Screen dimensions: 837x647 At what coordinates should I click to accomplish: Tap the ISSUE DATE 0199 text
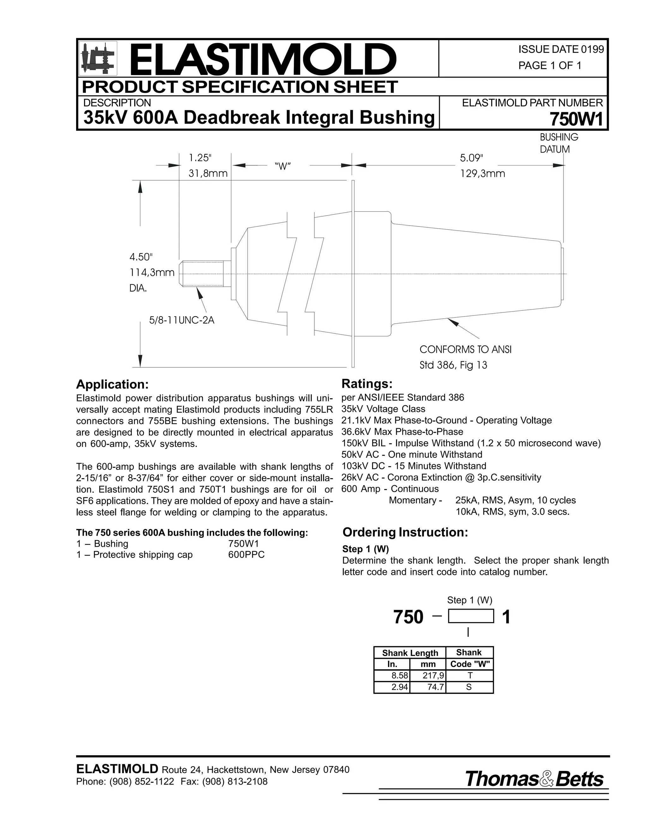561,50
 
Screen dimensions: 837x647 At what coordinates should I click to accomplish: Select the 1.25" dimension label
200,158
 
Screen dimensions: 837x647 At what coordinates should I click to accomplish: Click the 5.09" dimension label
471,158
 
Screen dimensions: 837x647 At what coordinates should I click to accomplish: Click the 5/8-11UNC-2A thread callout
182,320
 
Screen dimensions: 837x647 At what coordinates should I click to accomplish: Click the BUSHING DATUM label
559,143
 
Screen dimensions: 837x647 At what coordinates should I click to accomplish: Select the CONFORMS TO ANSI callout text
465,350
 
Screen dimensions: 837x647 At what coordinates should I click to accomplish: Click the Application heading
112,384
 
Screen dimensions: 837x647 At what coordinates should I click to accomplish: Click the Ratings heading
367,384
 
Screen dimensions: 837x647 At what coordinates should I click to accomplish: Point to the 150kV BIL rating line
471,443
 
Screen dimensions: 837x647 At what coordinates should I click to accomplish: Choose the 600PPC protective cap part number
246,555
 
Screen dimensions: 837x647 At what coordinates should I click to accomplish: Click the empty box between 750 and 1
471,617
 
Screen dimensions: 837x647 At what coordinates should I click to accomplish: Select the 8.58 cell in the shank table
399,676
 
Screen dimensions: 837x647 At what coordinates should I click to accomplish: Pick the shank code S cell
469,687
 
